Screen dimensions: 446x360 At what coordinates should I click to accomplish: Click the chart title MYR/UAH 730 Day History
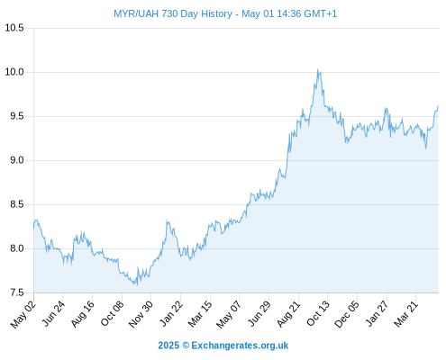(x=173, y=13)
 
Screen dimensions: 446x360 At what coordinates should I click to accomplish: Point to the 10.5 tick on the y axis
(x=14, y=28)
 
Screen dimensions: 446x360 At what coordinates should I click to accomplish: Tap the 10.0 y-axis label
(x=14, y=72)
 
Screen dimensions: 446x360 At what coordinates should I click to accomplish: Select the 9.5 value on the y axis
(x=17, y=116)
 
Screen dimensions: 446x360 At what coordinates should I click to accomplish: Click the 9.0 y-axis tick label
(x=17, y=160)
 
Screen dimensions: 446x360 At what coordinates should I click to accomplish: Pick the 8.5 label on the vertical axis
(x=17, y=204)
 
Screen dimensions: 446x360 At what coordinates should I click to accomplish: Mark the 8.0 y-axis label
(x=17, y=248)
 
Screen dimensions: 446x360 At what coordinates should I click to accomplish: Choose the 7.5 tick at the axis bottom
(x=17, y=292)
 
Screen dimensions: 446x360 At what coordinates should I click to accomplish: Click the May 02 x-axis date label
(x=23, y=314)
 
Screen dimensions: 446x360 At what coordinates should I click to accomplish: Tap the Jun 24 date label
(x=53, y=313)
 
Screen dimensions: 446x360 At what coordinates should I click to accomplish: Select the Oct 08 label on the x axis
(x=112, y=313)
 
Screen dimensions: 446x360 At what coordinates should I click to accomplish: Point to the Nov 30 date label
(x=141, y=314)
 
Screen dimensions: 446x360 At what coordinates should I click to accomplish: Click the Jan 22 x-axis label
(x=171, y=313)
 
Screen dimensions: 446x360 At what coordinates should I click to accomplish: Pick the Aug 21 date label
(x=288, y=314)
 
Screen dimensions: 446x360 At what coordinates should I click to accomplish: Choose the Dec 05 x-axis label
(x=346, y=314)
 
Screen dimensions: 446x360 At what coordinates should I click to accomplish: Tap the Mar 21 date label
(x=406, y=313)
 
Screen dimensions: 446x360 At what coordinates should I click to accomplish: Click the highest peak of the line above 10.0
(x=317, y=70)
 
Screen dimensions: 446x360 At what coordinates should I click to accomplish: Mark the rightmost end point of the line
(x=438, y=106)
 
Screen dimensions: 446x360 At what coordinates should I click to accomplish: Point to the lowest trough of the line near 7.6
(x=137, y=284)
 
